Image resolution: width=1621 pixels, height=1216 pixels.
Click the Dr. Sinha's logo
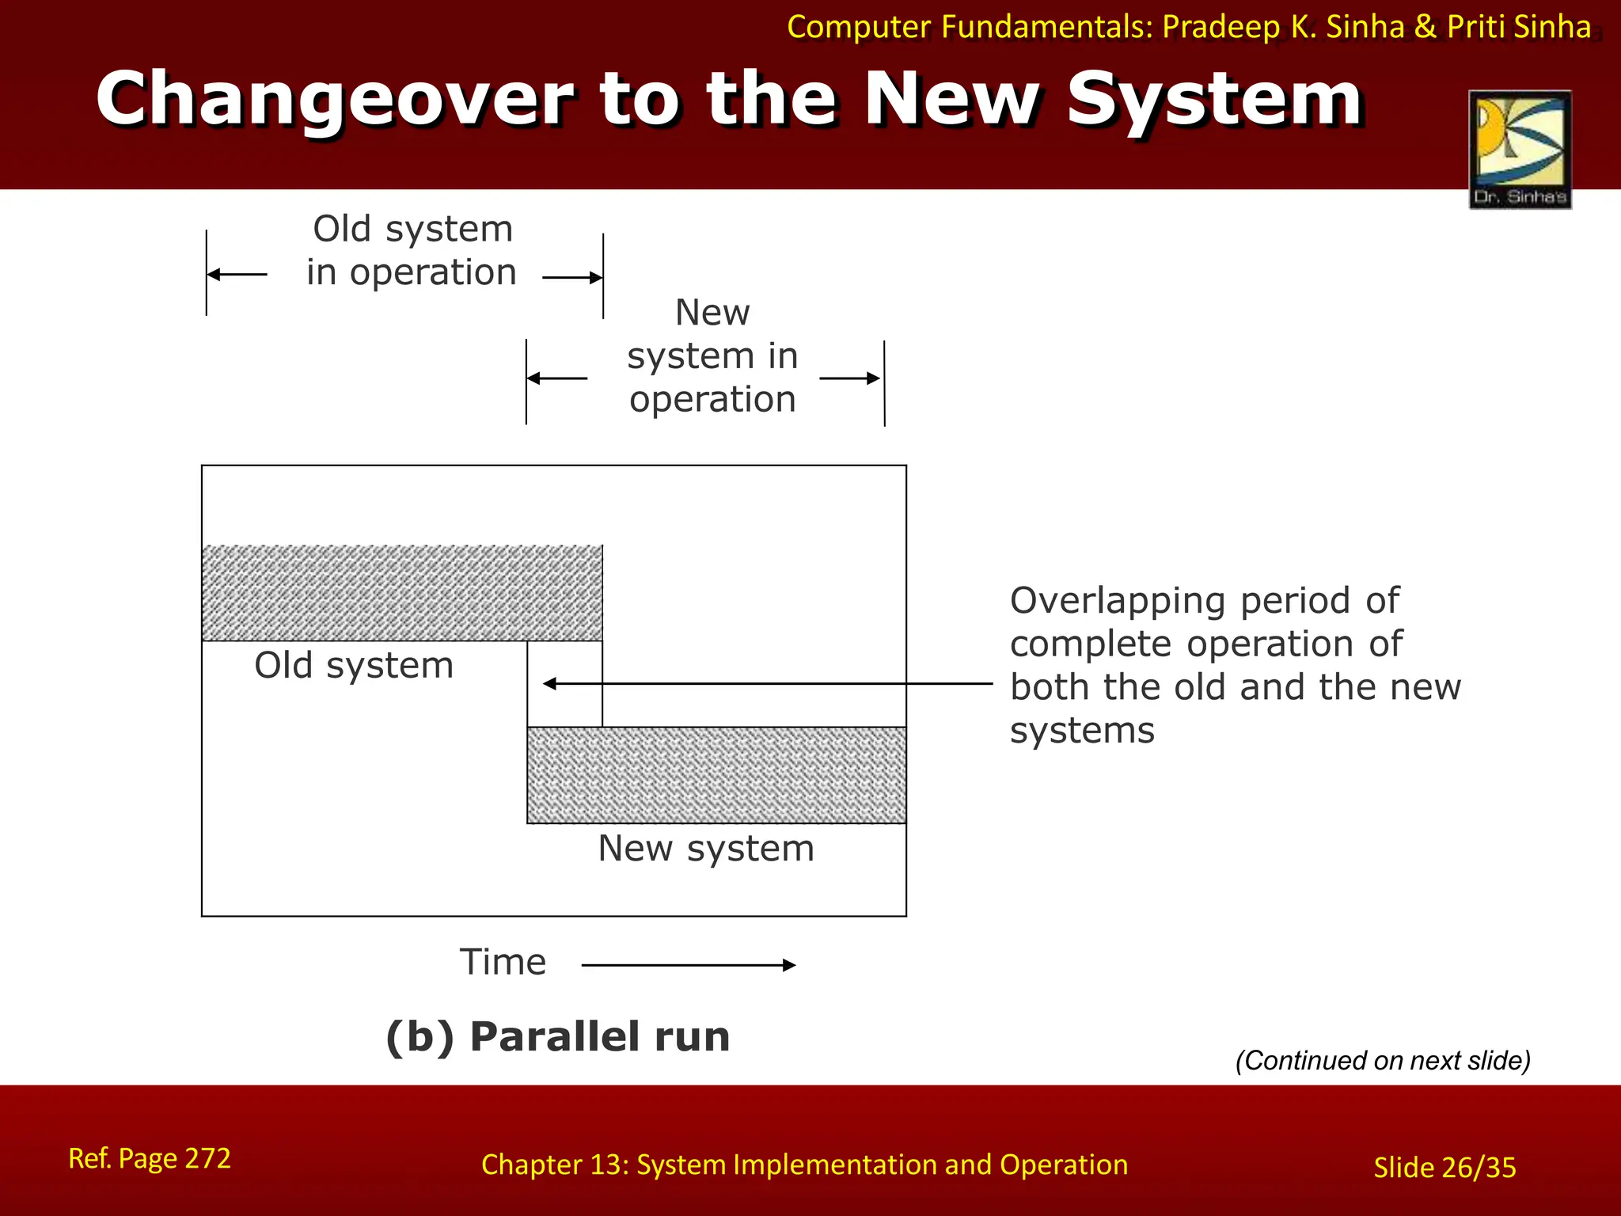click(1520, 149)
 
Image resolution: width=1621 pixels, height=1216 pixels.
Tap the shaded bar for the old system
click(401, 592)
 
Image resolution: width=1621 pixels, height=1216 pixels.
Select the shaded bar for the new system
click(716, 775)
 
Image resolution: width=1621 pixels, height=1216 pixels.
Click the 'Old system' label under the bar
click(354, 665)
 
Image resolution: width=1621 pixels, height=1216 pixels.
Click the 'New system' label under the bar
click(705, 848)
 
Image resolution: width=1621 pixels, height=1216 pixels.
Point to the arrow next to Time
click(689, 964)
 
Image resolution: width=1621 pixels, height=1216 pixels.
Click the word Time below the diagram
click(503, 962)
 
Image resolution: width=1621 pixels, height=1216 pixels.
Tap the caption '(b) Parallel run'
click(557, 1036)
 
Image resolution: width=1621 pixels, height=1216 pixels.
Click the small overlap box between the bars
click(564, 683)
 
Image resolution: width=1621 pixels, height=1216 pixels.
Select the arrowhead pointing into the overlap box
click(550, 683)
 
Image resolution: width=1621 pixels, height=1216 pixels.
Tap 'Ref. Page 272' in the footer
click(150, 1158)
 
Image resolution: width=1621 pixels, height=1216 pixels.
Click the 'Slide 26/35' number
click(1444, 1167)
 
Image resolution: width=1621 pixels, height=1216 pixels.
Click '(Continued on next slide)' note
click(1383, 1060)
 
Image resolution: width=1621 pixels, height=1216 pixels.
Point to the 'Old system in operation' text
click(412, 250)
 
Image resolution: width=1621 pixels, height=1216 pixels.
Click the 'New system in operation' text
click(712, 355)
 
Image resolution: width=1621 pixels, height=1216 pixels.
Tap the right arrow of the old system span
click(574, 278)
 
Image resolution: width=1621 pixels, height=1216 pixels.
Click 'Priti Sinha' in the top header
click(1518, 27)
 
